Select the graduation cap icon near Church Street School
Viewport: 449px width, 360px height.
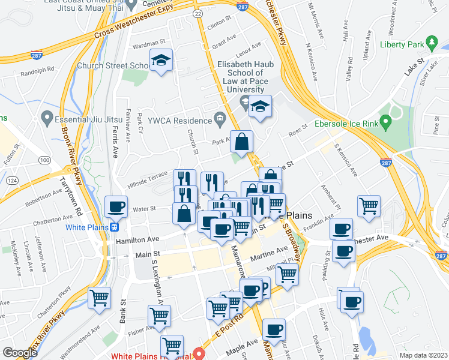(x=160, y=61)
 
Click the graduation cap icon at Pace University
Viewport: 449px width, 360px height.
(x=259, y=107)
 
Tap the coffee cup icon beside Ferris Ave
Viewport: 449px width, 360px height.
(x=116, y=208)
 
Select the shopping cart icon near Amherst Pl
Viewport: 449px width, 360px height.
(x=369, y=206)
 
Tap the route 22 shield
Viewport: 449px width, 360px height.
(x=197, y=13)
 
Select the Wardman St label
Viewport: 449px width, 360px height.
(x=148, y=44)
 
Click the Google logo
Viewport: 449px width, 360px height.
(x=20, y=353)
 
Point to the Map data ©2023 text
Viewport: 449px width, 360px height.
(x=423, y=355)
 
